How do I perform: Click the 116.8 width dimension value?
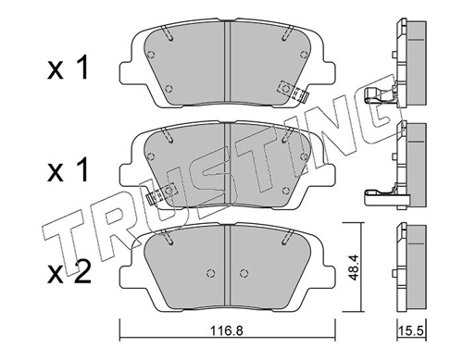coord(227,331)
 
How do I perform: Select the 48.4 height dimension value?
coord(353,267)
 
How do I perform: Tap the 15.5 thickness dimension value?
coord(411,331)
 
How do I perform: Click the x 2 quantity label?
coord(69,272)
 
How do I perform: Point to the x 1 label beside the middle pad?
coord(69,169)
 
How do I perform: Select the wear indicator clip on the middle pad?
coord(160,193)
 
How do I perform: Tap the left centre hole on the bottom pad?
coord(210,273)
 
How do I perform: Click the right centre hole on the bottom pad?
coord(244,273)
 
